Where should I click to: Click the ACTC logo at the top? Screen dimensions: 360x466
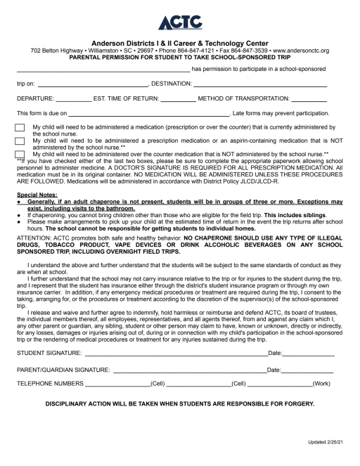179,23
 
